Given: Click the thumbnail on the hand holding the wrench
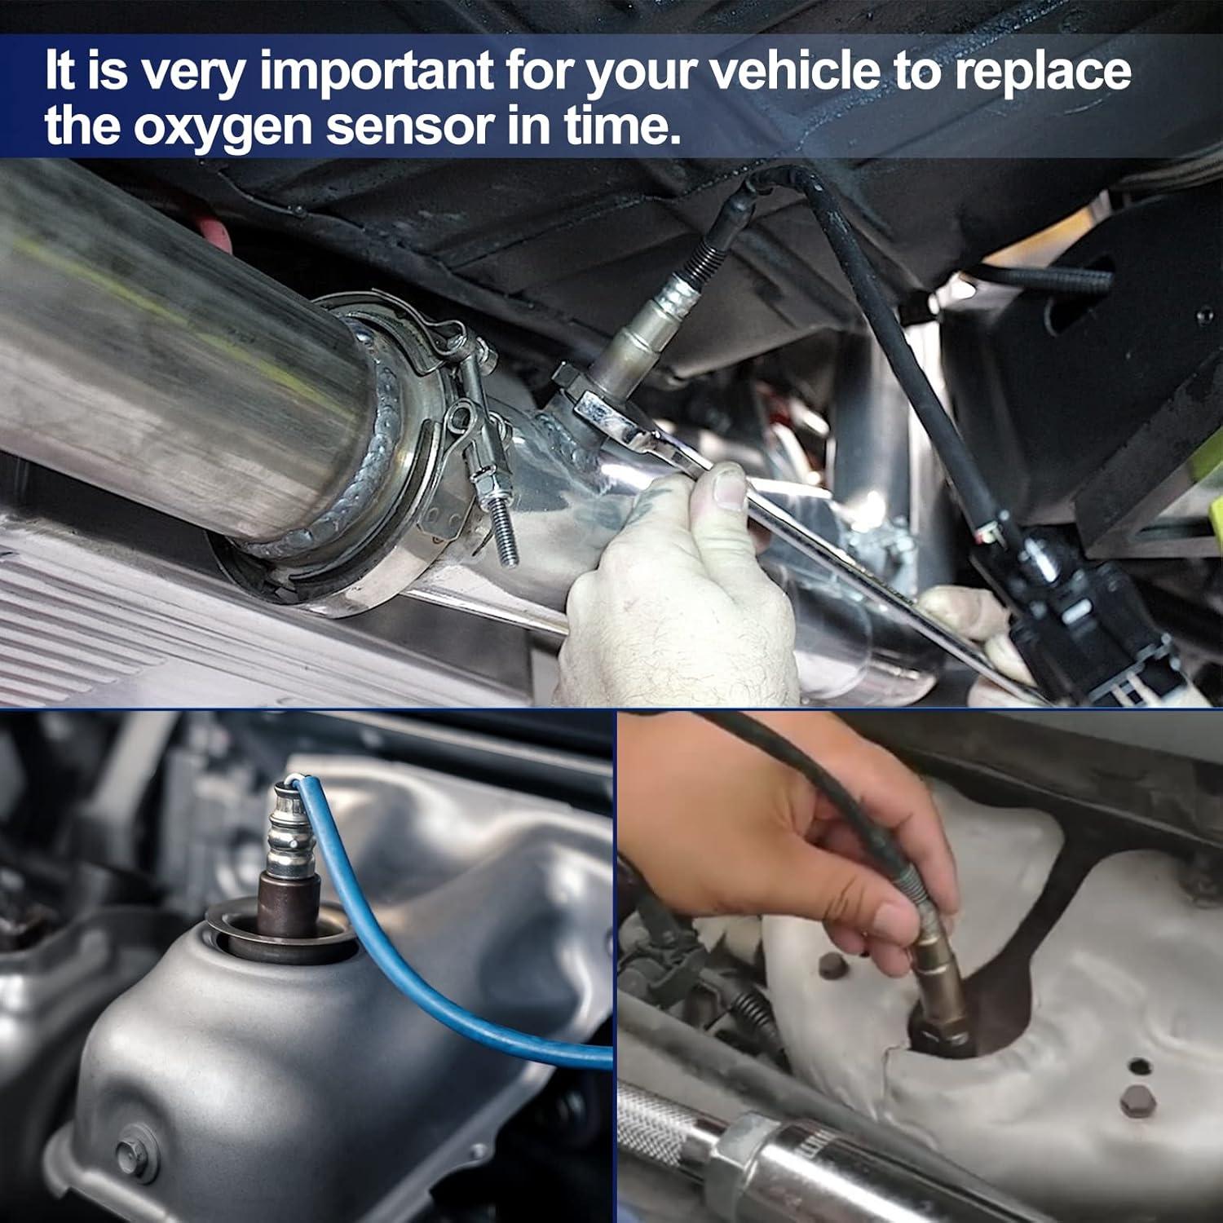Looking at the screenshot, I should coord(727,488).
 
